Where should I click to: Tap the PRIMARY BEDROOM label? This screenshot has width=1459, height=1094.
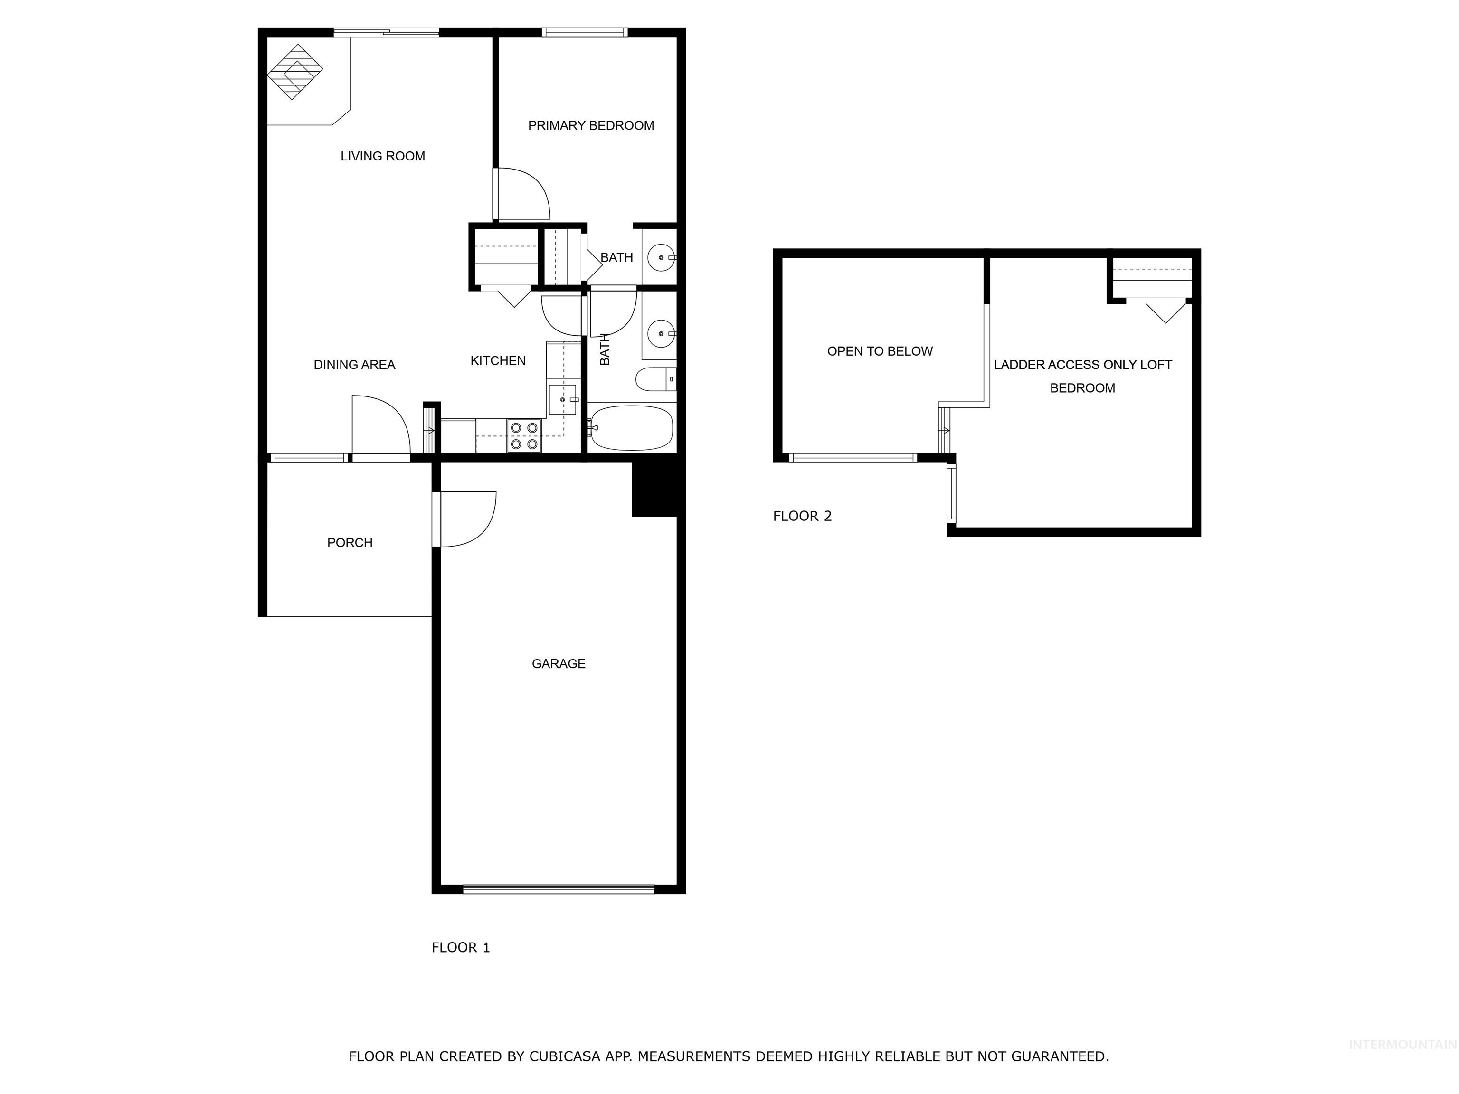[590, 125]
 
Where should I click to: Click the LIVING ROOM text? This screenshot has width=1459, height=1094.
[382, 156]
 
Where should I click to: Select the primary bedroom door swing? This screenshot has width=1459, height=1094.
[523, 193]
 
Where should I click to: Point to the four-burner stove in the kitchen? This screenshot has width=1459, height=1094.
[524, 436]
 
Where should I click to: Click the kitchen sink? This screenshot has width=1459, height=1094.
[563, 400]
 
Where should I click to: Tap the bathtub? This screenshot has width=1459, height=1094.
[631, 428]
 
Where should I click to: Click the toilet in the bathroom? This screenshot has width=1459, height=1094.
[654, 379]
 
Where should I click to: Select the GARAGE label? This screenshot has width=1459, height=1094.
[558, 663]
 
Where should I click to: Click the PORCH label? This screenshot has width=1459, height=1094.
[350, 543]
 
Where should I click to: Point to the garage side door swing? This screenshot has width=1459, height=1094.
[467, 519]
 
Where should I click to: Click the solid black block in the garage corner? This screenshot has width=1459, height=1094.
[654, 489]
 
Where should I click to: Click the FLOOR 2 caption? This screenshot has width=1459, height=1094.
[802, 516]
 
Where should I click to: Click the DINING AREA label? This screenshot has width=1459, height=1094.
[354, 365]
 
